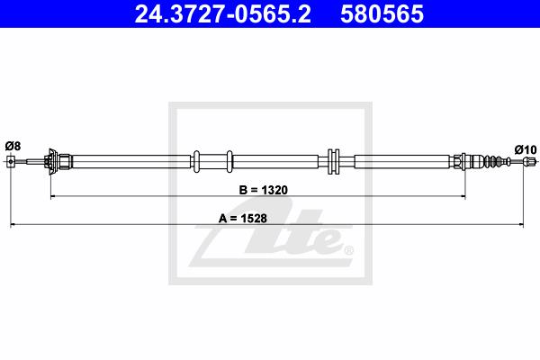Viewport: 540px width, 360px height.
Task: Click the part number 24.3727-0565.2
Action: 222,14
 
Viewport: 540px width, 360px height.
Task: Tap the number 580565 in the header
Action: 382,14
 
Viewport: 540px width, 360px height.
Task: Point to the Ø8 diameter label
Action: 13,146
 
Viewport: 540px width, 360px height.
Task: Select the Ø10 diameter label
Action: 526,150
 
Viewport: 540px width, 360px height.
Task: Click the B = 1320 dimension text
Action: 263,190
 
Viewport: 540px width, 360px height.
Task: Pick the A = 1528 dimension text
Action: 243,218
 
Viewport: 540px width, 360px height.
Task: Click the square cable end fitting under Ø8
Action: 11,161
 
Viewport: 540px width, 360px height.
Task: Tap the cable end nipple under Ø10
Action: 530,161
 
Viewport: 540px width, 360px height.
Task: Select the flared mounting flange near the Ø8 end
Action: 52,161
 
